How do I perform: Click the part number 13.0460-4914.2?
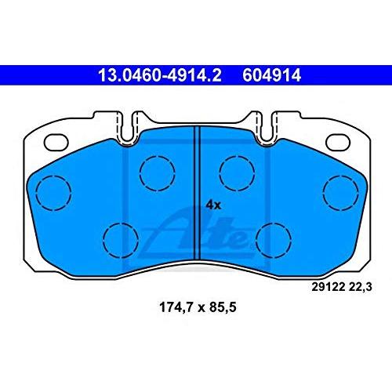coord(160,75)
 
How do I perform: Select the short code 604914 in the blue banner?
coord(271,75)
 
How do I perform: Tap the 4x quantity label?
coord(213,205)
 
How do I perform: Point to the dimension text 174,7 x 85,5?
coord(198,307)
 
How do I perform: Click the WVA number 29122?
coord(328,287)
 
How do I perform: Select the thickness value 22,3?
coord(360,288)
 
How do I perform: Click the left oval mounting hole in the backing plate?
coord(56,143)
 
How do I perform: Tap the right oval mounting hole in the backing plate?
coord(338,143)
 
